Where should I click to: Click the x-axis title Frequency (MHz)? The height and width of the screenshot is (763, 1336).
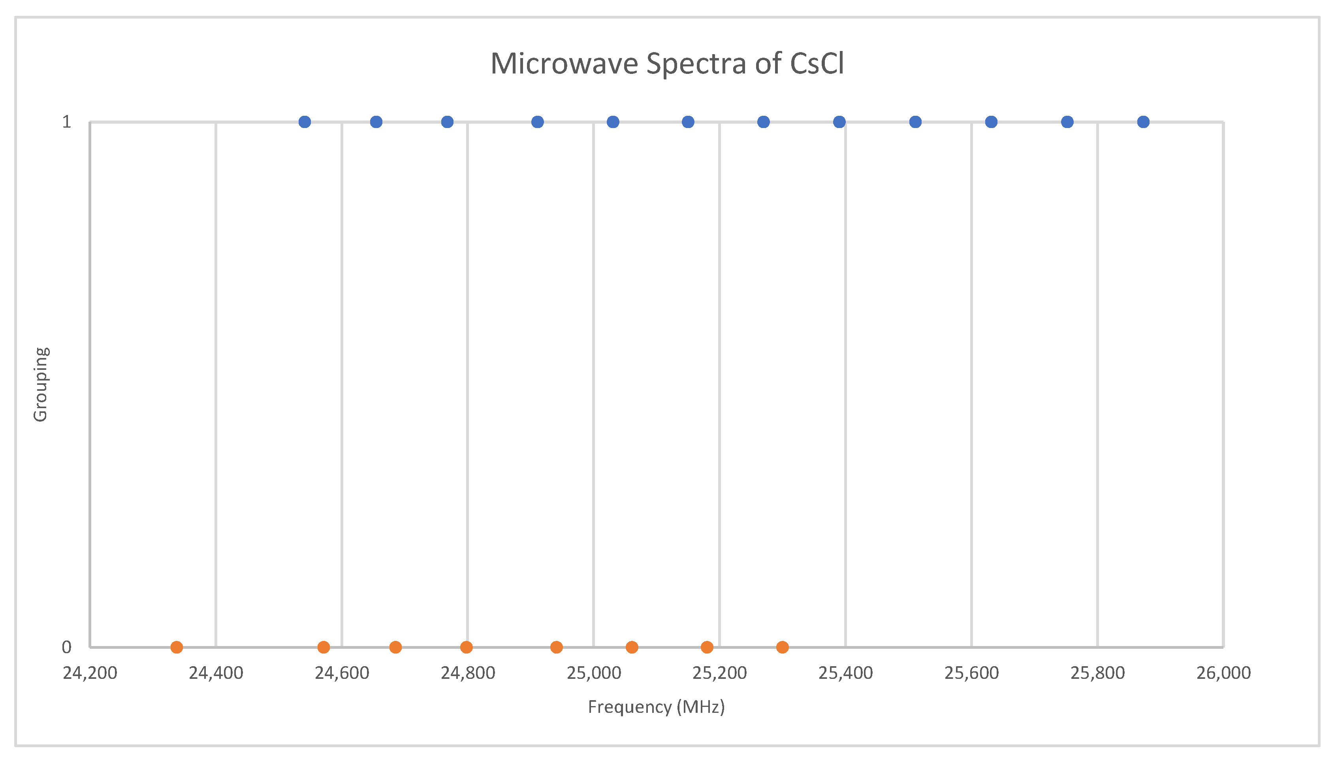click(656, 706)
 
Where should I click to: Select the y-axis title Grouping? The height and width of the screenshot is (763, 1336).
click(41, 384)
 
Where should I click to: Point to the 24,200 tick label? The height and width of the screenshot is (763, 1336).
click(90, 673)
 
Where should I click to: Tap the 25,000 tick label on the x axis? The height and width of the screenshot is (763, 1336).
click(594, 673)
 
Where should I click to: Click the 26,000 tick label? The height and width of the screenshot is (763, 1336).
click(1223, 673)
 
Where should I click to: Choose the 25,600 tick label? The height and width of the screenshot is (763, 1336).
click(971, 673)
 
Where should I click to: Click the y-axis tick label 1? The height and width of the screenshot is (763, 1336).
click(66, 122)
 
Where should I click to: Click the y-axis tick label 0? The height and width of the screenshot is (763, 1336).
click(66, 647)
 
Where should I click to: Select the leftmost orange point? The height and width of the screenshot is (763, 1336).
click(177, 647)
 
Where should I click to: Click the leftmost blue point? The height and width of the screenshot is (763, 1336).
click(305, 122)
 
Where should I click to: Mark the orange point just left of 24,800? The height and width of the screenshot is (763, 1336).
click(466, 647)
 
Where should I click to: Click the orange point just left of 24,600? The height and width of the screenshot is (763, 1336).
click(324, 647)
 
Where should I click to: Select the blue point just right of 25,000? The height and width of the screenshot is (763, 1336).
click(613, 122)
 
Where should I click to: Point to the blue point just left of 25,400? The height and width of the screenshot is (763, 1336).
click(839, 122)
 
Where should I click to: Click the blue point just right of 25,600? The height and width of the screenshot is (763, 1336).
click(991, 122)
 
